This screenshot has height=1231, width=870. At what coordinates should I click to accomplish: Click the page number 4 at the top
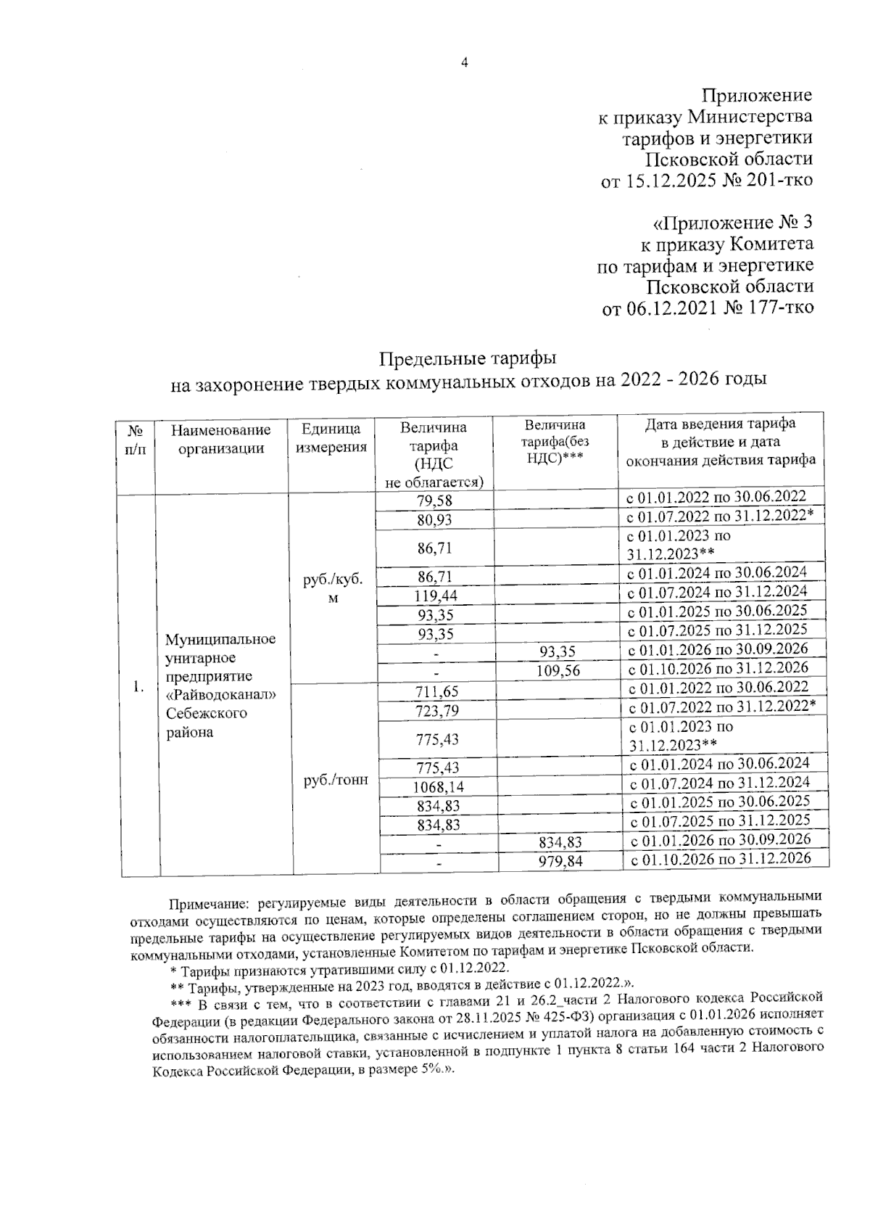[465, 63]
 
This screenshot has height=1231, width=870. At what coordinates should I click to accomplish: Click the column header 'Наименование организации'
[221, 439]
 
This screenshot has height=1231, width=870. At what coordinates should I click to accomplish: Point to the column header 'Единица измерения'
[330, 438]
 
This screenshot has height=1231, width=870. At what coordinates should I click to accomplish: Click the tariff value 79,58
[435, 501]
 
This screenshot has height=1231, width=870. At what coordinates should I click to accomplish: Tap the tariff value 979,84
[560, 861]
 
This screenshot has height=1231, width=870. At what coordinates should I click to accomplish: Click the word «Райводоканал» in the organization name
[221, 695]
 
